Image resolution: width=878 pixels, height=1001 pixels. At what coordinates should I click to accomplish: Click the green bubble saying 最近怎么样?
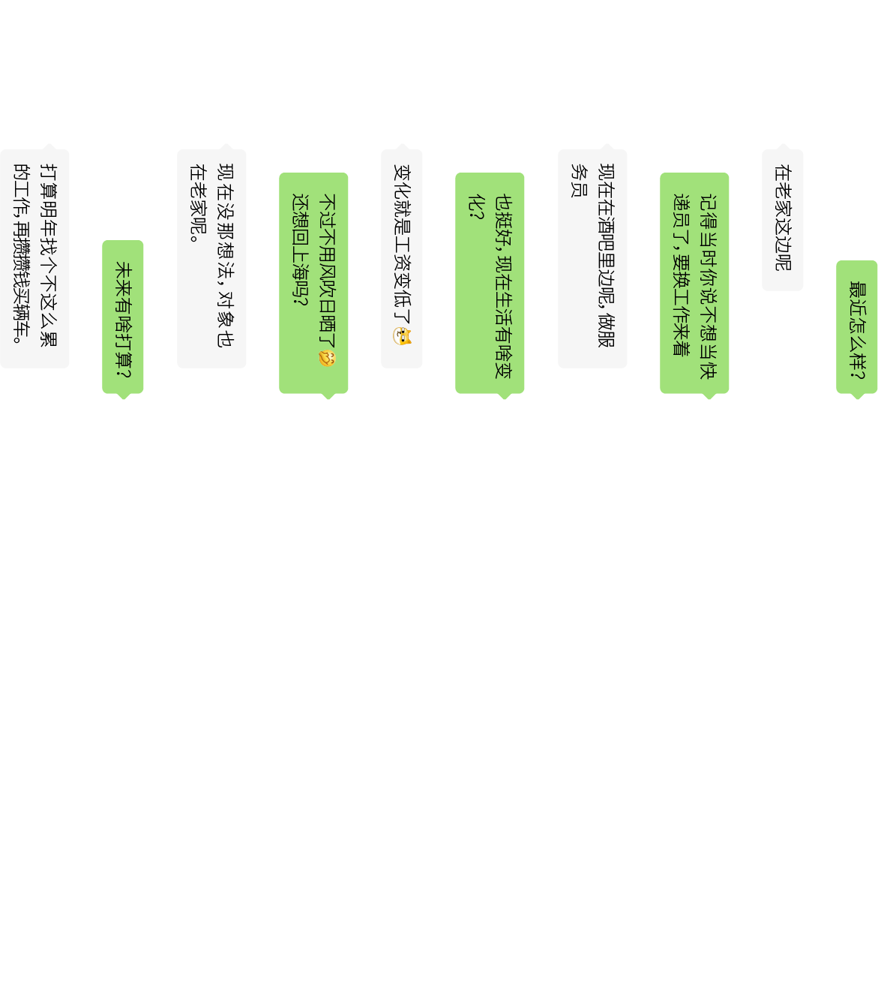coord(857,327)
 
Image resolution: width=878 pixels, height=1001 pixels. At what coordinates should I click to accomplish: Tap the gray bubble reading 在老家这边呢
coord(783,219)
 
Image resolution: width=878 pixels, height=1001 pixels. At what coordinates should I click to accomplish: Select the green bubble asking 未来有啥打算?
coord(123,317)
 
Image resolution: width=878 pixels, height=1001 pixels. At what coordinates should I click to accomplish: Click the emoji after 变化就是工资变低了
coord(403,336)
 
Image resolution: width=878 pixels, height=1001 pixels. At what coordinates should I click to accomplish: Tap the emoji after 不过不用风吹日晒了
coord(328,358)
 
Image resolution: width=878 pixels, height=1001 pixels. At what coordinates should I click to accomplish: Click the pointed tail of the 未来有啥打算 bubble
coord(124,397)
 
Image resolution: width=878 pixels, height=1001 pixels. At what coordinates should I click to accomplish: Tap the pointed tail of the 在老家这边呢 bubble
coord(784,146)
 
